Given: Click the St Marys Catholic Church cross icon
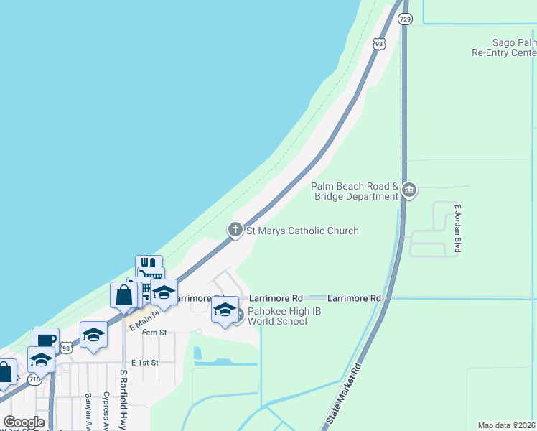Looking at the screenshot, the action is point(235,230).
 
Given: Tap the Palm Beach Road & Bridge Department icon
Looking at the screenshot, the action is point(409,190).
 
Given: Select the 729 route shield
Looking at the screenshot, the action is point(406,19).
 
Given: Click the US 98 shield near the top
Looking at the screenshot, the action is point(380,44).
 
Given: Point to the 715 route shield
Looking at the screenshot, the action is point(34,378).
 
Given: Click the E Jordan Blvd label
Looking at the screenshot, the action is point(457,229).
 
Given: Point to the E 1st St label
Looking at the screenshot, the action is point(144,363).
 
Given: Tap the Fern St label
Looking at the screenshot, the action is point(154,333).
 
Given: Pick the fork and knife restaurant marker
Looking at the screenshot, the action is point(149,264).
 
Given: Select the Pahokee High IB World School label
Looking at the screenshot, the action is point(277,317).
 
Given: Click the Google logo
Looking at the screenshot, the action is point(24,422).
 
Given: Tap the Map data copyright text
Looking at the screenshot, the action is point(506,425).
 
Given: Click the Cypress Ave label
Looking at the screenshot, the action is point(106,409).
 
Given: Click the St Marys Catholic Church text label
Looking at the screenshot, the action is point(302,231).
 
